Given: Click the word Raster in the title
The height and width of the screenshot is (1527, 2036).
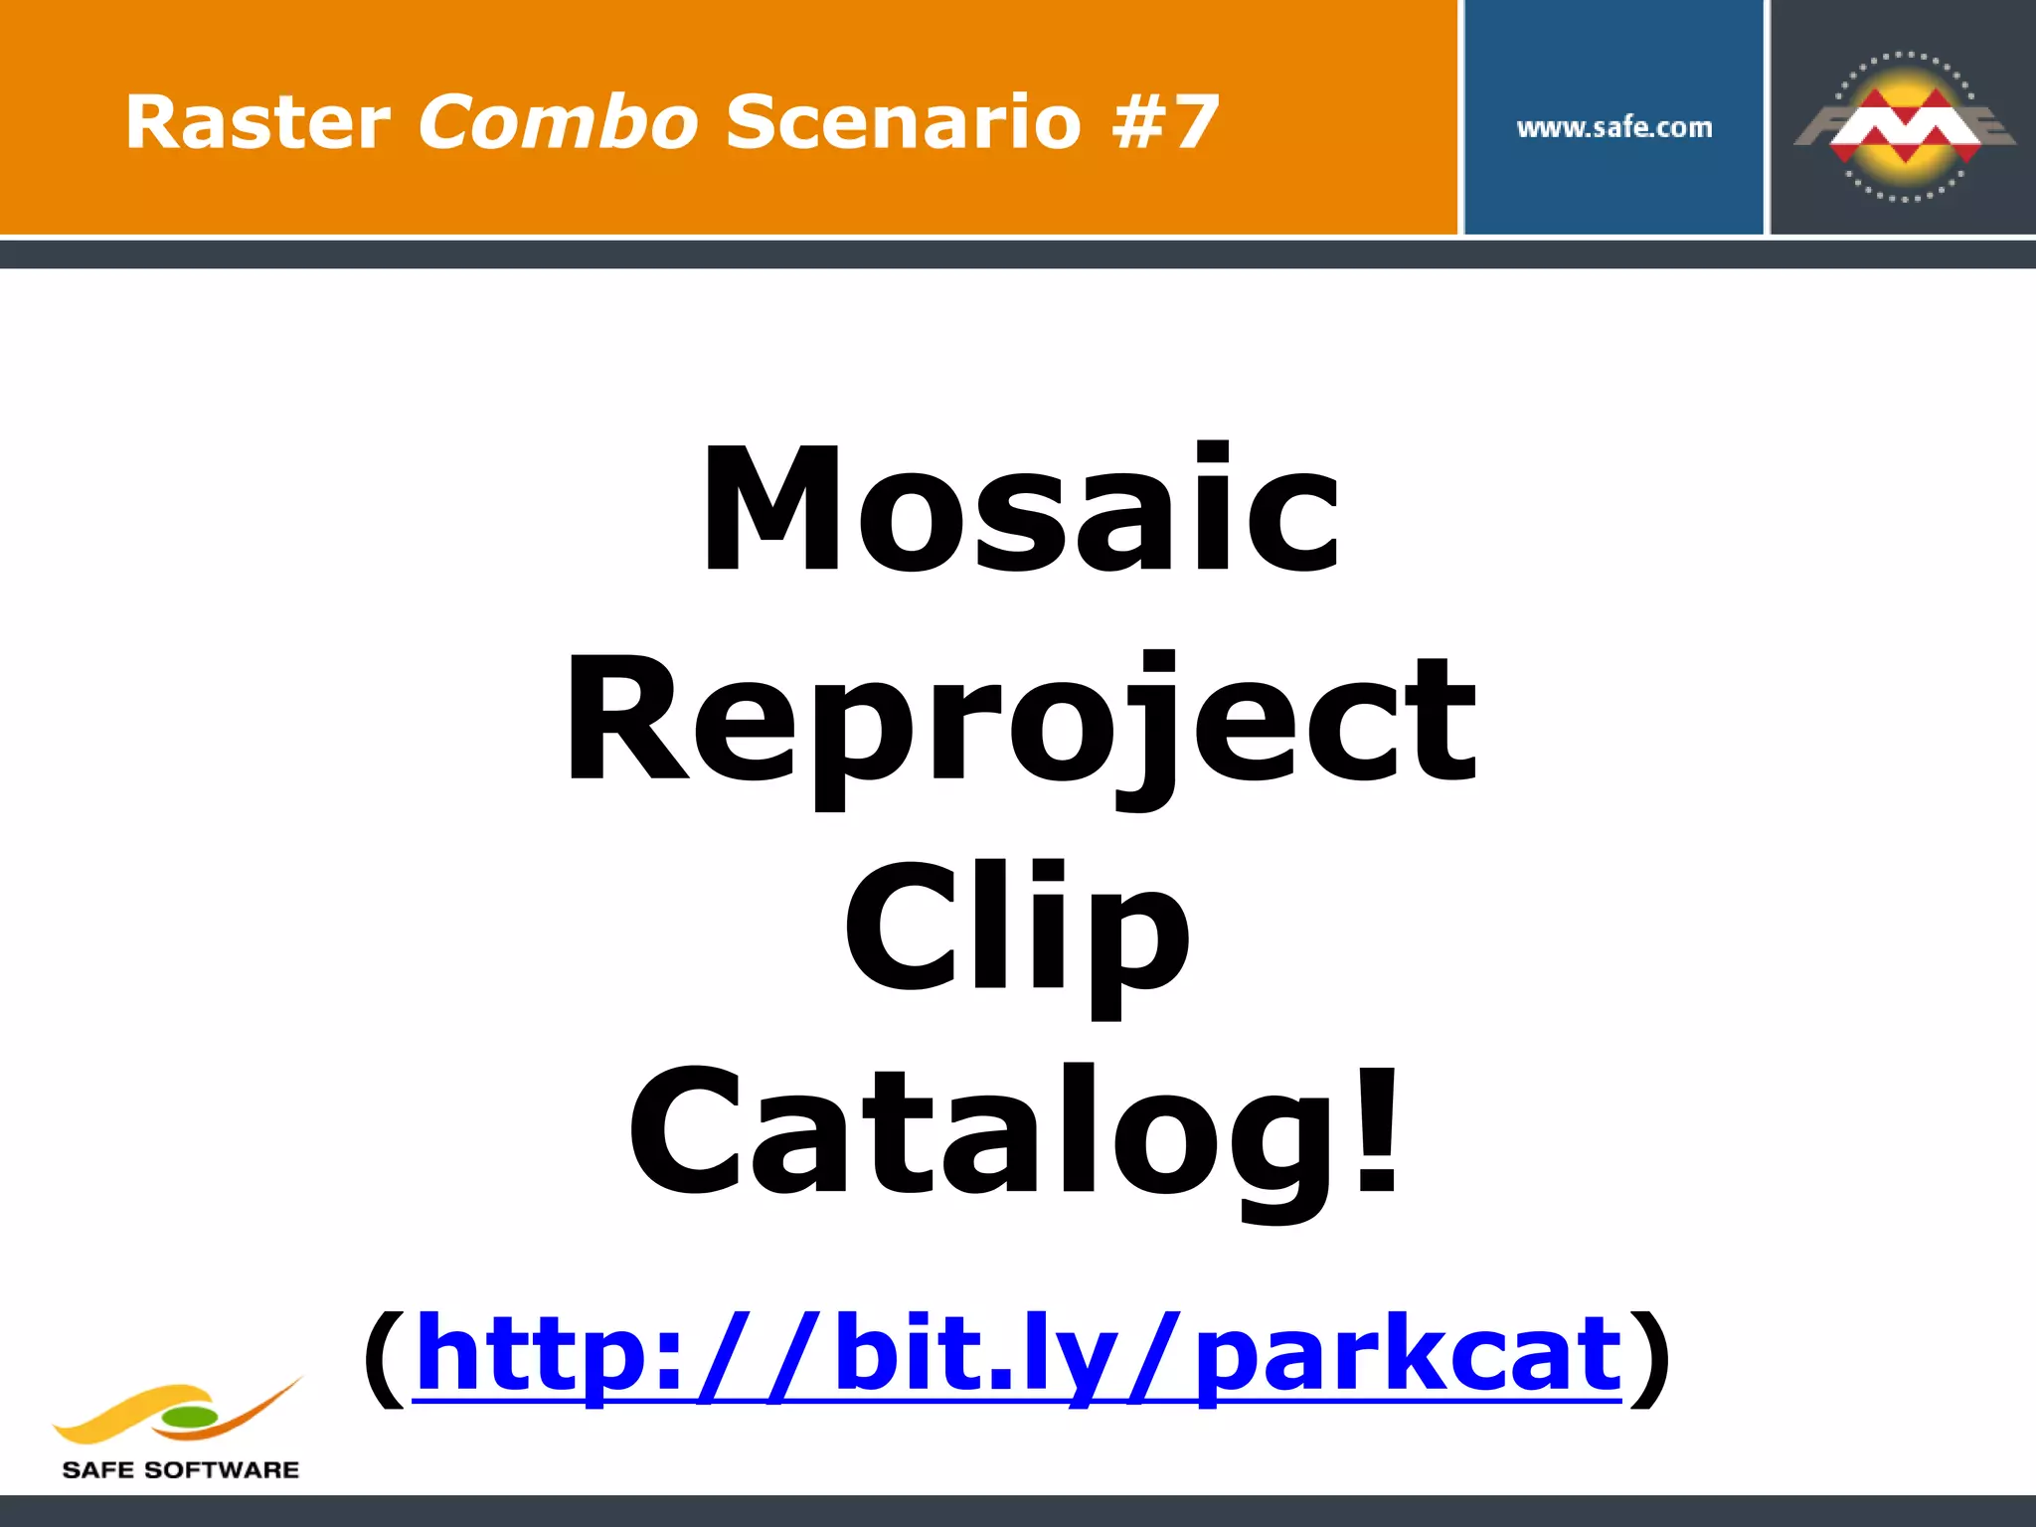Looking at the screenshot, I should click(257, 122).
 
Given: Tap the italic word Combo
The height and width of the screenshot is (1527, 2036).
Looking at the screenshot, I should click(558, 122).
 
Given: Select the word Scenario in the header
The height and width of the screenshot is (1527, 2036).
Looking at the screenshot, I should click(903, 122).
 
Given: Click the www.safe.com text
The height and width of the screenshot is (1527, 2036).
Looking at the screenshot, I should click(1614, 127).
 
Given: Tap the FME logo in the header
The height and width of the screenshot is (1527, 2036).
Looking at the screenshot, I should click(1904, 126).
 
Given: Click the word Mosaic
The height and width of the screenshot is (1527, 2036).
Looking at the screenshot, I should click(1021, 509).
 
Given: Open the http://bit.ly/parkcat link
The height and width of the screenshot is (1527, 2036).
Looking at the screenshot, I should click(1018, 1354).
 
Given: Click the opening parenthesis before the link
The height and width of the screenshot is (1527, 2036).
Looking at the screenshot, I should click(385, 1357).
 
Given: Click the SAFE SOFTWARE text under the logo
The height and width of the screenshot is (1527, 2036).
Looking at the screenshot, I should click(180, 1470).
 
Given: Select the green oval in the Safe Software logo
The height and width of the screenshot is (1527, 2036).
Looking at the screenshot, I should click(189, 1417).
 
